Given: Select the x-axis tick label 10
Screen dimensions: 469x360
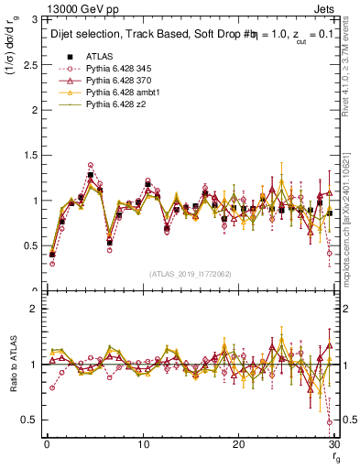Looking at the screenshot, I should (143, 443).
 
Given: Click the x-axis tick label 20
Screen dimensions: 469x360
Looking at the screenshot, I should (239, 443).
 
